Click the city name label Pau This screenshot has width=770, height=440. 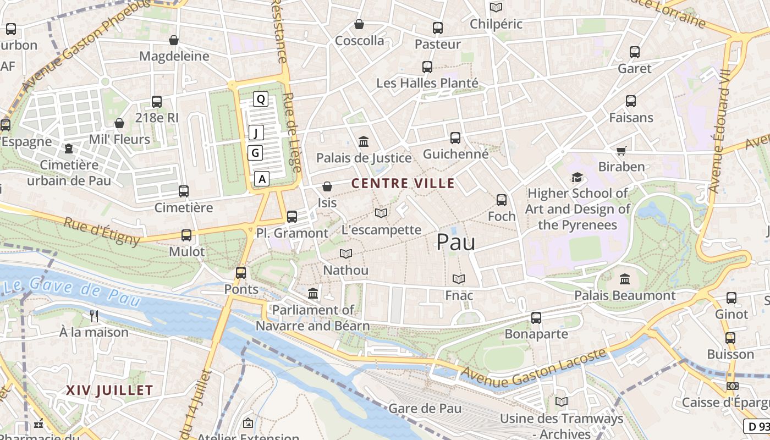click(456, 242)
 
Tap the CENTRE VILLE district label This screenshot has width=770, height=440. click(403, 183)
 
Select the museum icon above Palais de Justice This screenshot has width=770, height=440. click(364, 142)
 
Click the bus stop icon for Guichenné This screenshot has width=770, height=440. click(455, 138)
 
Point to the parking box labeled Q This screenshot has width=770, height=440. click(261, 99)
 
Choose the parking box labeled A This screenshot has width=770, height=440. click(262, 179)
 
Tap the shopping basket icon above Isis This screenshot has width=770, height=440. click(327, 187)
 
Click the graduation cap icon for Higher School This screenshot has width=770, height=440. click(577, 177)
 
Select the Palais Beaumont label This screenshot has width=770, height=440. click(625, 295)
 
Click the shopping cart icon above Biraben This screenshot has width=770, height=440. click(621, 151)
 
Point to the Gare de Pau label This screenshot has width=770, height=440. click(425, 409)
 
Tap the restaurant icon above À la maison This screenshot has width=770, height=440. click(94, 316)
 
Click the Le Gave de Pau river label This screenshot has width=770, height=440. click(71, 292)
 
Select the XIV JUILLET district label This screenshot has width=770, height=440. click(109, 391)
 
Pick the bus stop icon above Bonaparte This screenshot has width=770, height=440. click(536, 317)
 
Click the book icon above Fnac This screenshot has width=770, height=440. click(459, 279)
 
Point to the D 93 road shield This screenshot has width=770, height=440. click(757, 426)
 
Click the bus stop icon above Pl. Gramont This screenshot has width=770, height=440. click(292, 217)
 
